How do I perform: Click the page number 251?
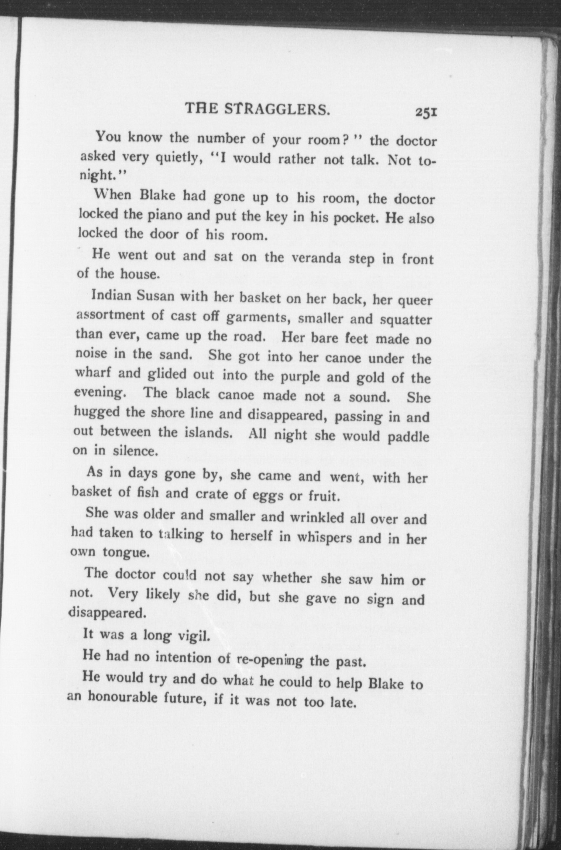coord(427,113)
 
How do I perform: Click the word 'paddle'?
coord(408,437)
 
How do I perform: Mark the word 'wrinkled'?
coord(317,518)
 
